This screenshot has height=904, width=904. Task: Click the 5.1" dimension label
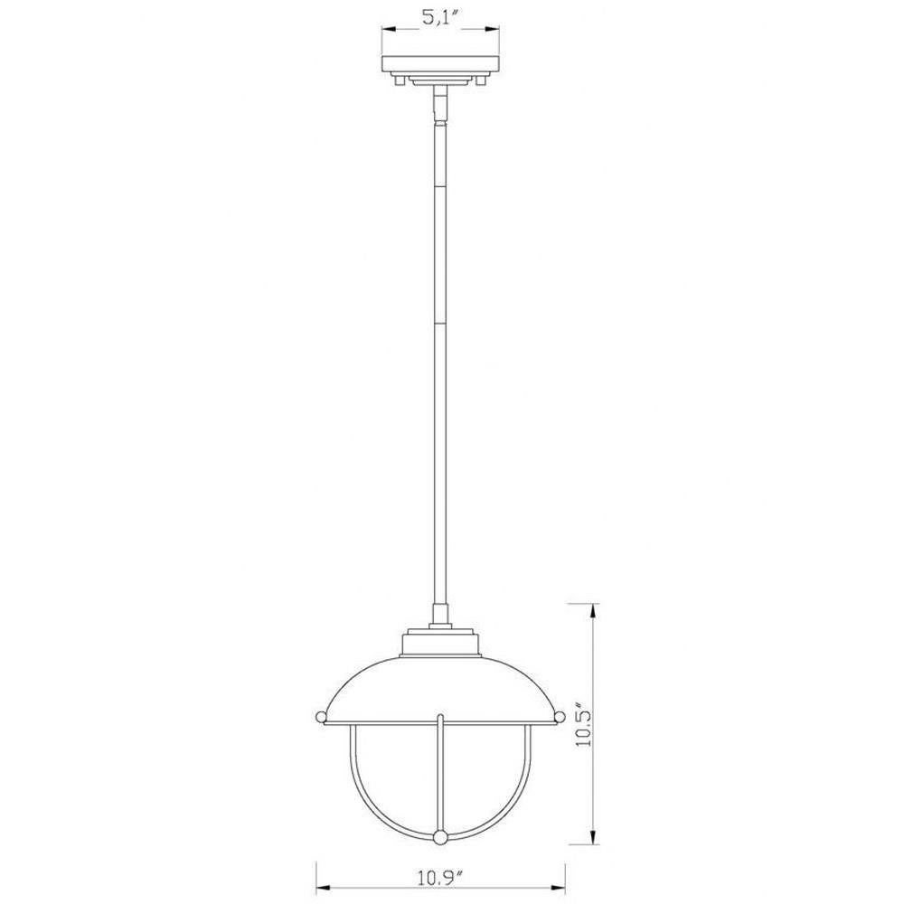pyautogui.click(x=439, y=18)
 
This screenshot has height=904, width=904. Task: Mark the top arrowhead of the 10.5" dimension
pyautogui.click(x=593, y=612)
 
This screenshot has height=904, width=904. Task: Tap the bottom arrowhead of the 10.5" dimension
pyautogui.click(x=593, y=834)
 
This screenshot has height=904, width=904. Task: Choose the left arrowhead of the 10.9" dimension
pyautogui.click(x=325, y=888)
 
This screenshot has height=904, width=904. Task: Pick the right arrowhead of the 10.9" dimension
pyautogui.click(x=556, y=888)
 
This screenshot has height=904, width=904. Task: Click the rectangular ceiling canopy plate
pyautogui.click(x=440, y=63)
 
